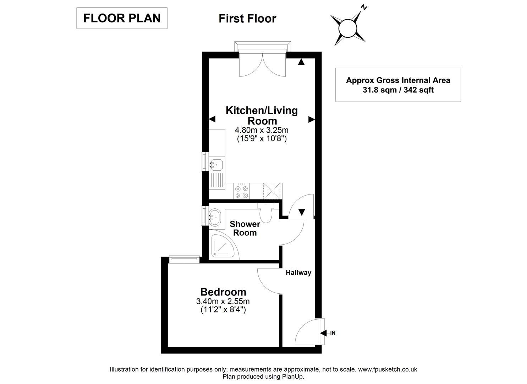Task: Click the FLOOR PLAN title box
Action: pos(122,18)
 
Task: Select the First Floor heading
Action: pos(247,18)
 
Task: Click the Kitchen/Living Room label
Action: pos(262,115)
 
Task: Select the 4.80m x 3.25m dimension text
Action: pos(262,130)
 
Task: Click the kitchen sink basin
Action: pos(216,164)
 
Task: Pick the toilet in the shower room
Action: pos(265,214)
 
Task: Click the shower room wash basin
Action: pos(215,216)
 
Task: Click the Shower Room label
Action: pos(245,228)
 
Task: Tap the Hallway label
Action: pos(298,273)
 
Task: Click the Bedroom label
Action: pos(223,292)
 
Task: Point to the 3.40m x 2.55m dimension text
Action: pos(223,302)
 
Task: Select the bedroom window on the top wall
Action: pos(184,260)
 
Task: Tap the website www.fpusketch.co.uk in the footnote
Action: pos(388,369)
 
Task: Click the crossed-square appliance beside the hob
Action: pos(273,191)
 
